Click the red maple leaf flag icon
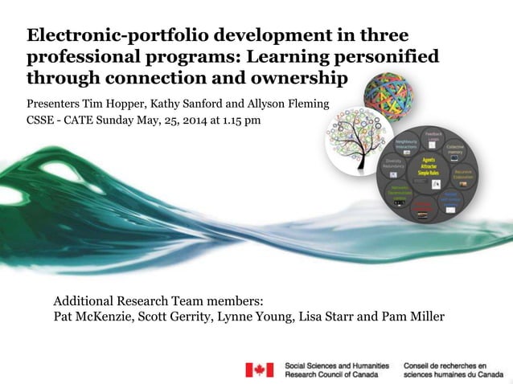click(260, 370)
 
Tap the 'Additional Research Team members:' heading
click(158, 300)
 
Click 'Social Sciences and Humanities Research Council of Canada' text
click(337, 370)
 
